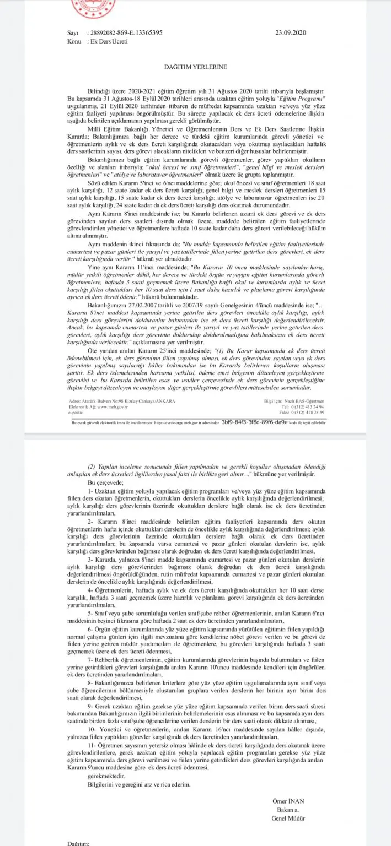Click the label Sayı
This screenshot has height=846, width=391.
72,32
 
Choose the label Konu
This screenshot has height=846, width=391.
74,41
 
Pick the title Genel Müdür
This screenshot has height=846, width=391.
284,817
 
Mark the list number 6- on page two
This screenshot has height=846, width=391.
92,628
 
